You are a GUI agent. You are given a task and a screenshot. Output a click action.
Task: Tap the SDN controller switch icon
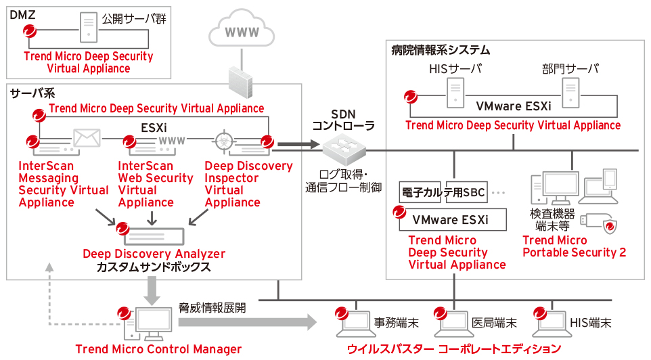pos(342,145)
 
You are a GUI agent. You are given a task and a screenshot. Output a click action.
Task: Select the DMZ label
pos(22,14)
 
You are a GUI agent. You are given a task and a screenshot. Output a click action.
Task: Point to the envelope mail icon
pos(87,137)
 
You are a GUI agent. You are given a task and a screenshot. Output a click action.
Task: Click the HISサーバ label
pos(455,68)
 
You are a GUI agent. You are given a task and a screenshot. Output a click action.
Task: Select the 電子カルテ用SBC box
pos(443,193)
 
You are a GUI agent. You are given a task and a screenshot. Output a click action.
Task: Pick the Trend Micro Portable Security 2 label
pos(575,247)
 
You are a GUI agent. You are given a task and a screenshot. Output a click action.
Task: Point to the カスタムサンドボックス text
pos(154,267)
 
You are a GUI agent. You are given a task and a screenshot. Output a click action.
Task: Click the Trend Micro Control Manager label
pos(158,349)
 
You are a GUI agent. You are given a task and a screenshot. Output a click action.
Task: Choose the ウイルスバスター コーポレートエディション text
pos(453,349)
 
